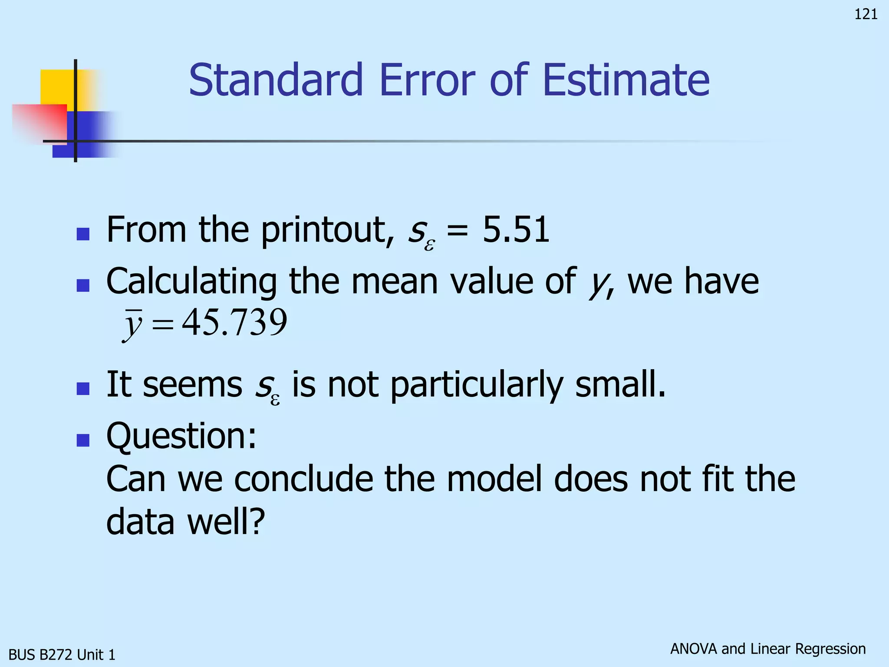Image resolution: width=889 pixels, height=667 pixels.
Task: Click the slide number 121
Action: pyautogui.click(x=866, y=14)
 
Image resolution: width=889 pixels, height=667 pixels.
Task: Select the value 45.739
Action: pyautogui.click(x=234, y=323)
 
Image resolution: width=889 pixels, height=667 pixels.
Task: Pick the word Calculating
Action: pyautogui.click(x=191, y=281)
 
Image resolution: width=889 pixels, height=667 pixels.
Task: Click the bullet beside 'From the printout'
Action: pyautogui.click(x=83, y=234)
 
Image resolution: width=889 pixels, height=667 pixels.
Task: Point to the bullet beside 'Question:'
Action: pyautogui.click(x=83, y=440)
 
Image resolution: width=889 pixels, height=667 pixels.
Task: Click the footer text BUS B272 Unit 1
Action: pyautogui.click(x=62, y=654)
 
